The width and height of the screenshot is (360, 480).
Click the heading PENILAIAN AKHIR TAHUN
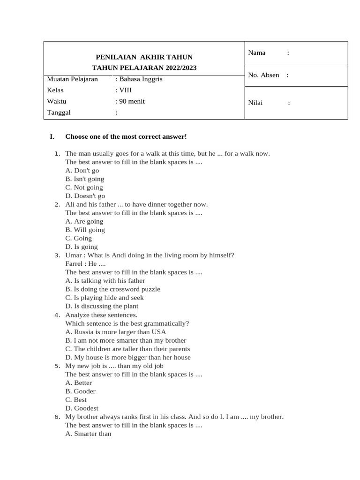[x=144, y=57]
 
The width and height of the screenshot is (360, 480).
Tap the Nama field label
[x=257, y=52]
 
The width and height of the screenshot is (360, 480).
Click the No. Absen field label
[x=263, y=75]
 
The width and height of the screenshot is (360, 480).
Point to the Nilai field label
[x=255, y=103]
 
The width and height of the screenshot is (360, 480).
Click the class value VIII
[x=125, y=90]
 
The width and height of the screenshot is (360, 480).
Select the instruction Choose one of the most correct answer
[x=126, y=136]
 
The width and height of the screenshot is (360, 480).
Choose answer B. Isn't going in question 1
[x=85, y=179]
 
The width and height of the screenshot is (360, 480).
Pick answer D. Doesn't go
[x=85, y=196]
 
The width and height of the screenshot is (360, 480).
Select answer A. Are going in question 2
[x=84, y=221]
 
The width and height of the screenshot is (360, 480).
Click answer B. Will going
[x=85, y=230]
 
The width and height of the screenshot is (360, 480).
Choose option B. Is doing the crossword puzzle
[x=112, y=289]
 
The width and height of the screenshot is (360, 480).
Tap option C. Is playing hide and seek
[x=105, y=298]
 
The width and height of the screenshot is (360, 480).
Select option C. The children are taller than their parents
[x=127, y=349]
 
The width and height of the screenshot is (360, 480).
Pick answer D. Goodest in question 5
[x=82, y=408]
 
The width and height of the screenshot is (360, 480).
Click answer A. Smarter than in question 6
[x=89, y=434]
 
